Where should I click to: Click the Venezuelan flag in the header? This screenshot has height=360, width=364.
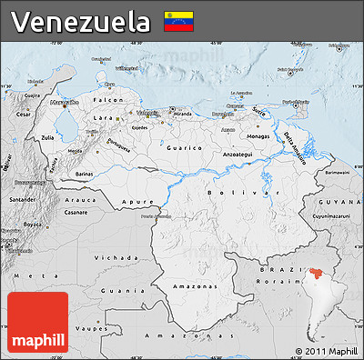click(x=177, y=21)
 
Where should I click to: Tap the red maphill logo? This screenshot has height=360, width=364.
click(x=37, y=324)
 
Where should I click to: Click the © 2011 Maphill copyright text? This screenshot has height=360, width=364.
click(x=327, y=351)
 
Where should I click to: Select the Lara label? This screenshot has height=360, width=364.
click(x=107, y=118)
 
